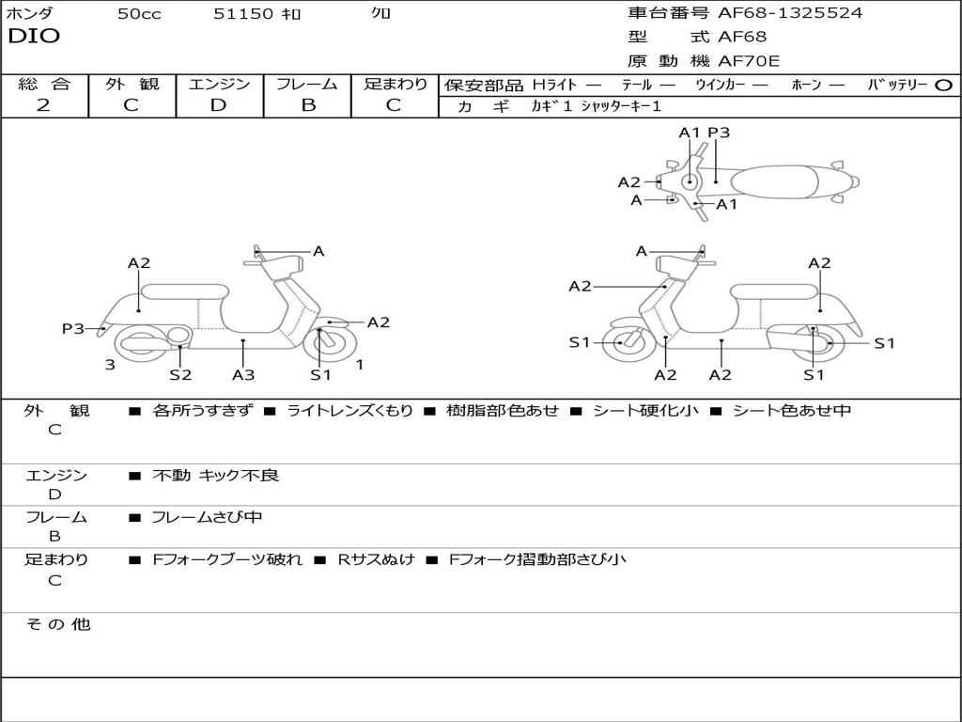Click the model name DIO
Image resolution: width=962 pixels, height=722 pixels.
point(34,37)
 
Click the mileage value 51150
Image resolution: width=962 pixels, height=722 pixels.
point(243,14)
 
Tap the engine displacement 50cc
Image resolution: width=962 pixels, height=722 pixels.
point(139,14)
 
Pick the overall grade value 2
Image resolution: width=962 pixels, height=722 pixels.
point(43,105)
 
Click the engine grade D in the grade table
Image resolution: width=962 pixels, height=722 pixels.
point(219,105)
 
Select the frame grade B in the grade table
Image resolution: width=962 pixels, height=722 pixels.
point(308,105)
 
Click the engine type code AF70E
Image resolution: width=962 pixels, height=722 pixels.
point(750,61)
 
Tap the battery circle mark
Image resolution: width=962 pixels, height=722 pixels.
point(943,85)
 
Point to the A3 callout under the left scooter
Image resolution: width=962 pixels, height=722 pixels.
point(243,374)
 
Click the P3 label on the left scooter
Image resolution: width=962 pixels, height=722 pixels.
point(73,328)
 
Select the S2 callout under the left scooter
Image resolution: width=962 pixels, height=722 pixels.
point(180,374)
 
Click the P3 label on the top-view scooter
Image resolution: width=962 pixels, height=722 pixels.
point(719,133)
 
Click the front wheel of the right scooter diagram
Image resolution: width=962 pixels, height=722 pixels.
point(622,343)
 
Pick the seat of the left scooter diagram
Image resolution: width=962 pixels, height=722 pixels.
point(185,291)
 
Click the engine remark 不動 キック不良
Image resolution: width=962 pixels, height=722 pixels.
point(216,476)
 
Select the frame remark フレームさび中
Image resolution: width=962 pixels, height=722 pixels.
point(208,517)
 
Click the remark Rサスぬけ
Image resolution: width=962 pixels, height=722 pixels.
point(376,559)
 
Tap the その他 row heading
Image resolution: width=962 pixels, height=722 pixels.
point(57,624)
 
